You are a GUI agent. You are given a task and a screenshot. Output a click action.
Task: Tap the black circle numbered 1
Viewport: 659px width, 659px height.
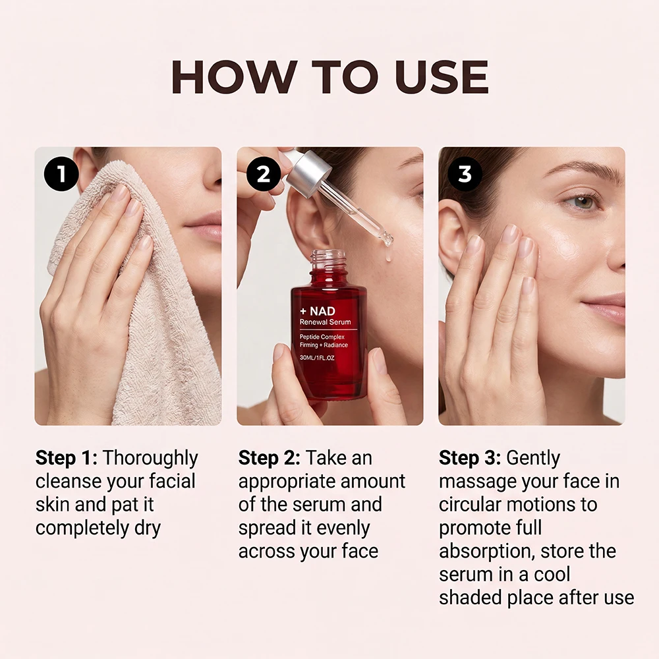point(61,173)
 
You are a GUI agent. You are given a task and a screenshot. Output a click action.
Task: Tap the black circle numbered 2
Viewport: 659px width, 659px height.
point(264,173)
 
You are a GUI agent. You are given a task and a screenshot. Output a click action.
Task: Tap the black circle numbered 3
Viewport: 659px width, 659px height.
point(465,173)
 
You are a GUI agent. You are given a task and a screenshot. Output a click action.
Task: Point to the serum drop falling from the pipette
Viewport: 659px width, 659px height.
point(388,254)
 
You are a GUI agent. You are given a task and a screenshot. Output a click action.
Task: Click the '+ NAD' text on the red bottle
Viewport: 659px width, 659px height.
point(318,311)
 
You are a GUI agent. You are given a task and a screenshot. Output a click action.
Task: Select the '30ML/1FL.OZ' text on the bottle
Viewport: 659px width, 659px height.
point(317,358)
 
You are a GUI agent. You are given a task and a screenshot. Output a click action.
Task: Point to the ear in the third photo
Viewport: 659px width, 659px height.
point(452,235)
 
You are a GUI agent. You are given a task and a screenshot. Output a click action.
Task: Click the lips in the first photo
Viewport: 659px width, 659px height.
point(206,230)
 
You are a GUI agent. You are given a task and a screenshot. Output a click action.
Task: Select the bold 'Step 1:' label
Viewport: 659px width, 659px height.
point(67,458)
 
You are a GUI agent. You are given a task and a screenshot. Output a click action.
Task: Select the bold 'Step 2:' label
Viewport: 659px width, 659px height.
point(270,458)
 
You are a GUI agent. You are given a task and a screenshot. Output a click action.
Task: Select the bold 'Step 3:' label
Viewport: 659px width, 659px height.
point(470,458)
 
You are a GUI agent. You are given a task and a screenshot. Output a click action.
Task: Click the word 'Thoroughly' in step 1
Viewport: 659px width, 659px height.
point(150,459)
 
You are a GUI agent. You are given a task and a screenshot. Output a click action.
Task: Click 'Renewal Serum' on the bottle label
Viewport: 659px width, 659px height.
point(325,322)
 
